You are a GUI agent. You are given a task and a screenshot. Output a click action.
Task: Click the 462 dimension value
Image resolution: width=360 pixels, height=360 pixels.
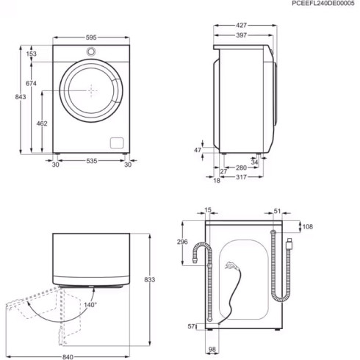click(x=42, y=124)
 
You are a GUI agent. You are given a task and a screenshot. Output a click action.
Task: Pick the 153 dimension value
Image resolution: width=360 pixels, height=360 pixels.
click(x=32, y=54)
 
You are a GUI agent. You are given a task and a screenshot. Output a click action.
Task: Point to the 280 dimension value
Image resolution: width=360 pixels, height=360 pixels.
click(x=240, y=168)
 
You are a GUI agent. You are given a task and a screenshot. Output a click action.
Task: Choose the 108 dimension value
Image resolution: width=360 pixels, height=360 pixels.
click(x=308, y=226)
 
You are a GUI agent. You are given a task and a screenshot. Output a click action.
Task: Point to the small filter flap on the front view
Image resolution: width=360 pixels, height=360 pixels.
click(x=115, y=142)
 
